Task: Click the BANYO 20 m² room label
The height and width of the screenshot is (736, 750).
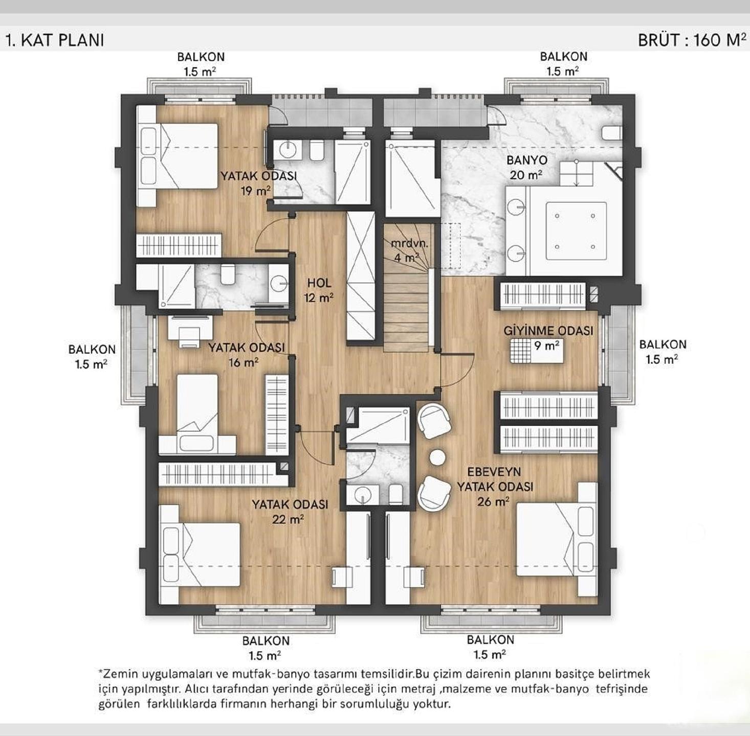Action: pyautogui.click(x=526, y=168)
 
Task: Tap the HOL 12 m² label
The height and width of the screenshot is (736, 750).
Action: pyautogui.click(x=319, y=290)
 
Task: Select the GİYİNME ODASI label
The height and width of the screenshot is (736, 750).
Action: pyautogui.click(x=548, y=331)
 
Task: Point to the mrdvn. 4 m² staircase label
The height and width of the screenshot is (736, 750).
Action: pyautogui.click(x=409, y=250)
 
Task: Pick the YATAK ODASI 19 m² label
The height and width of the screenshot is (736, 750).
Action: pyautogui.click(x=258, y=183)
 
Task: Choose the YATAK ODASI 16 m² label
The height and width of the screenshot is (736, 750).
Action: pyautogui.click(x=246, y=355)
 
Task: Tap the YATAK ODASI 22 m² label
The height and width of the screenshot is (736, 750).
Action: pyautogui.click(x=290, y=512)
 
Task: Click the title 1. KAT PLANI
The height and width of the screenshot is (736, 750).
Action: pyautogui.click(x=55, y=40)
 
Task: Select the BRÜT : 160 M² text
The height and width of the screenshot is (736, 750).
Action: pyautogui.click(x=692, y=40)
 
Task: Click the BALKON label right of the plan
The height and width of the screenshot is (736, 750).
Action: pyautogui.click(x=663, y=352)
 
